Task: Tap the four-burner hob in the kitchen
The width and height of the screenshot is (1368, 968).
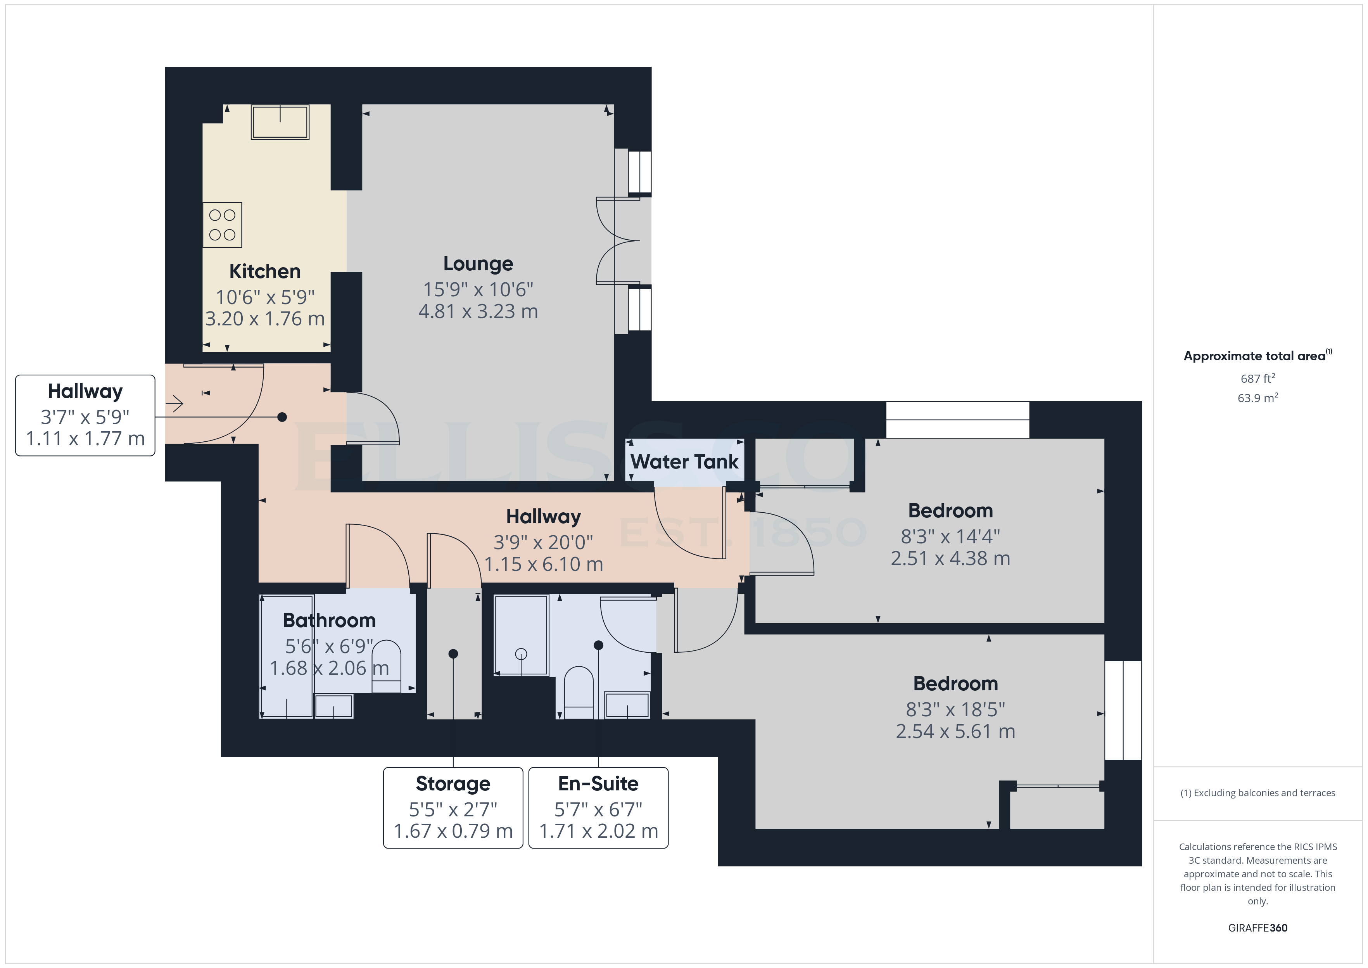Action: [222, 225]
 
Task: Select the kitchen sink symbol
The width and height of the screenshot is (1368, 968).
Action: [280, 122]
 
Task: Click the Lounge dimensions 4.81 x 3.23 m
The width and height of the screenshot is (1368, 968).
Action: [478, 311]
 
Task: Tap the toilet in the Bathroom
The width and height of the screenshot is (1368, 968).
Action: [386, 666]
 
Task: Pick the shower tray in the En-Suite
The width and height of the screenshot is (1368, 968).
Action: [521, 635]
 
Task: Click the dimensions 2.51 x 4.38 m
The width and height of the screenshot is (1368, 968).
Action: [950, 558]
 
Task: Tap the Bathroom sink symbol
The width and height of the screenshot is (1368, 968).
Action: [333, 706]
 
